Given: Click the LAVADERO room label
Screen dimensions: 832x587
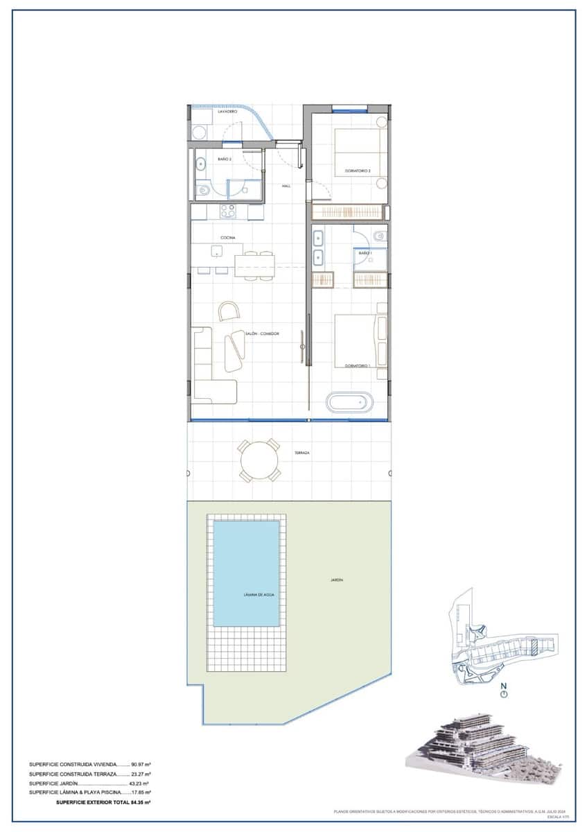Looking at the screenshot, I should pyautogui.click(x=227, y=112).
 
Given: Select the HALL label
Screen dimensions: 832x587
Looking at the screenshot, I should pyautogui.click(x=286, y=186).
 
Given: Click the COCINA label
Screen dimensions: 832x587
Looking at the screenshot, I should pyautogui.click(x=228, y=238).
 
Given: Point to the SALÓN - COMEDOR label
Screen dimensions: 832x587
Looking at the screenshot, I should pyautogui.click(x=261, y=334).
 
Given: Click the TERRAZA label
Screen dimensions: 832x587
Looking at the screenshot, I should pyautogui.click(x=301, y=452).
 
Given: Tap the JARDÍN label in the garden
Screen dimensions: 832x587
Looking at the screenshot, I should pyautogui.click(x=337, y=580).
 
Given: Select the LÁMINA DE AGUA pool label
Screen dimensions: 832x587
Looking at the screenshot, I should pyautogui.click(x=246, y=595).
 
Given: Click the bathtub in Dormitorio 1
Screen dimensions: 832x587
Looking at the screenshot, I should pyautogui.click(x=350, y=403).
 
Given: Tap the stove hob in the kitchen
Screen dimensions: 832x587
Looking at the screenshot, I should pyautogui.click(x=228, y=211).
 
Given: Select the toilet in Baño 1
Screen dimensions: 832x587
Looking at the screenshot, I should pyautogui.click(x=378, y=237).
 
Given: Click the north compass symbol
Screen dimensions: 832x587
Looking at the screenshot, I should pyautogui.click(x=505, y=693).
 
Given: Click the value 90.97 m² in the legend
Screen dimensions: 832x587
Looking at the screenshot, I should pyautogui.click(x=141, y=765).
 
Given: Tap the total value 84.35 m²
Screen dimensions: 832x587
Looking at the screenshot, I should pyautogui.click(x=141, y=801).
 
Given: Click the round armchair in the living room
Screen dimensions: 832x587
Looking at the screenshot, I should pyautogui.click(x=229, y=311).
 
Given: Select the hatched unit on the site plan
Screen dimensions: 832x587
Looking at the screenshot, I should pyautogui.click(x=534, y=648).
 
